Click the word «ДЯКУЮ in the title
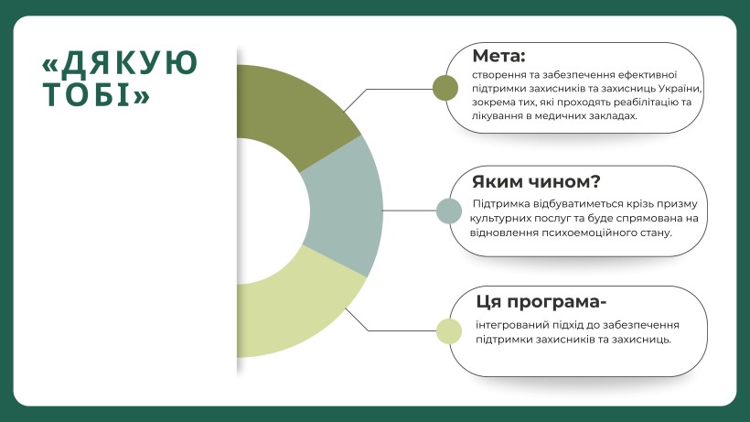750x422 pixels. coord(120,64)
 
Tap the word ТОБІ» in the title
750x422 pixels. coord(97,94)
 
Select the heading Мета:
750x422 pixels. coord(498,56)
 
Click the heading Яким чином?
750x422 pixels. coord(536,182)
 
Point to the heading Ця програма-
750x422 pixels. coord(541,302)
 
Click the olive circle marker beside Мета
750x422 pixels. coord(445,88)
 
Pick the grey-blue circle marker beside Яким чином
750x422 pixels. coord(449,211)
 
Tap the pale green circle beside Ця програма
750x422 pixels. coord(449,331)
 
